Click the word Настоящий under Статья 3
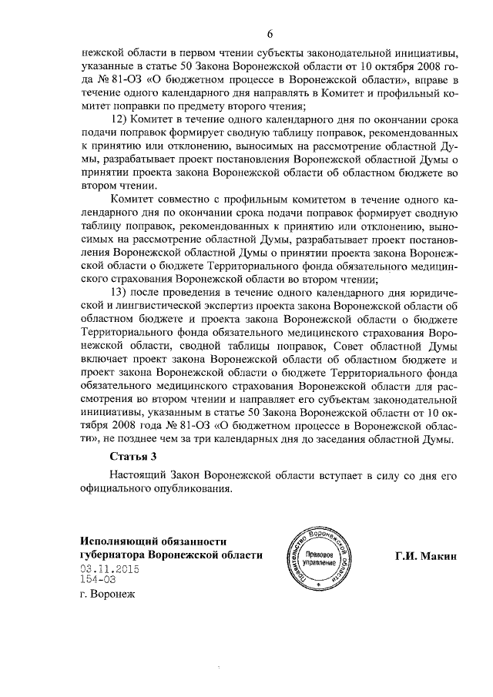pos(137,474)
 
